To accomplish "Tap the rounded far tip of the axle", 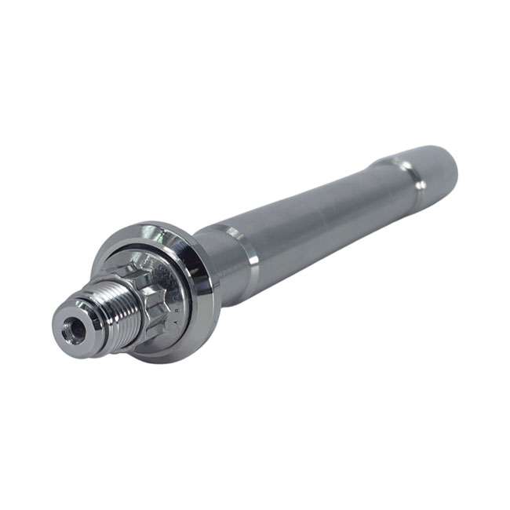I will coord(455,161).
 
